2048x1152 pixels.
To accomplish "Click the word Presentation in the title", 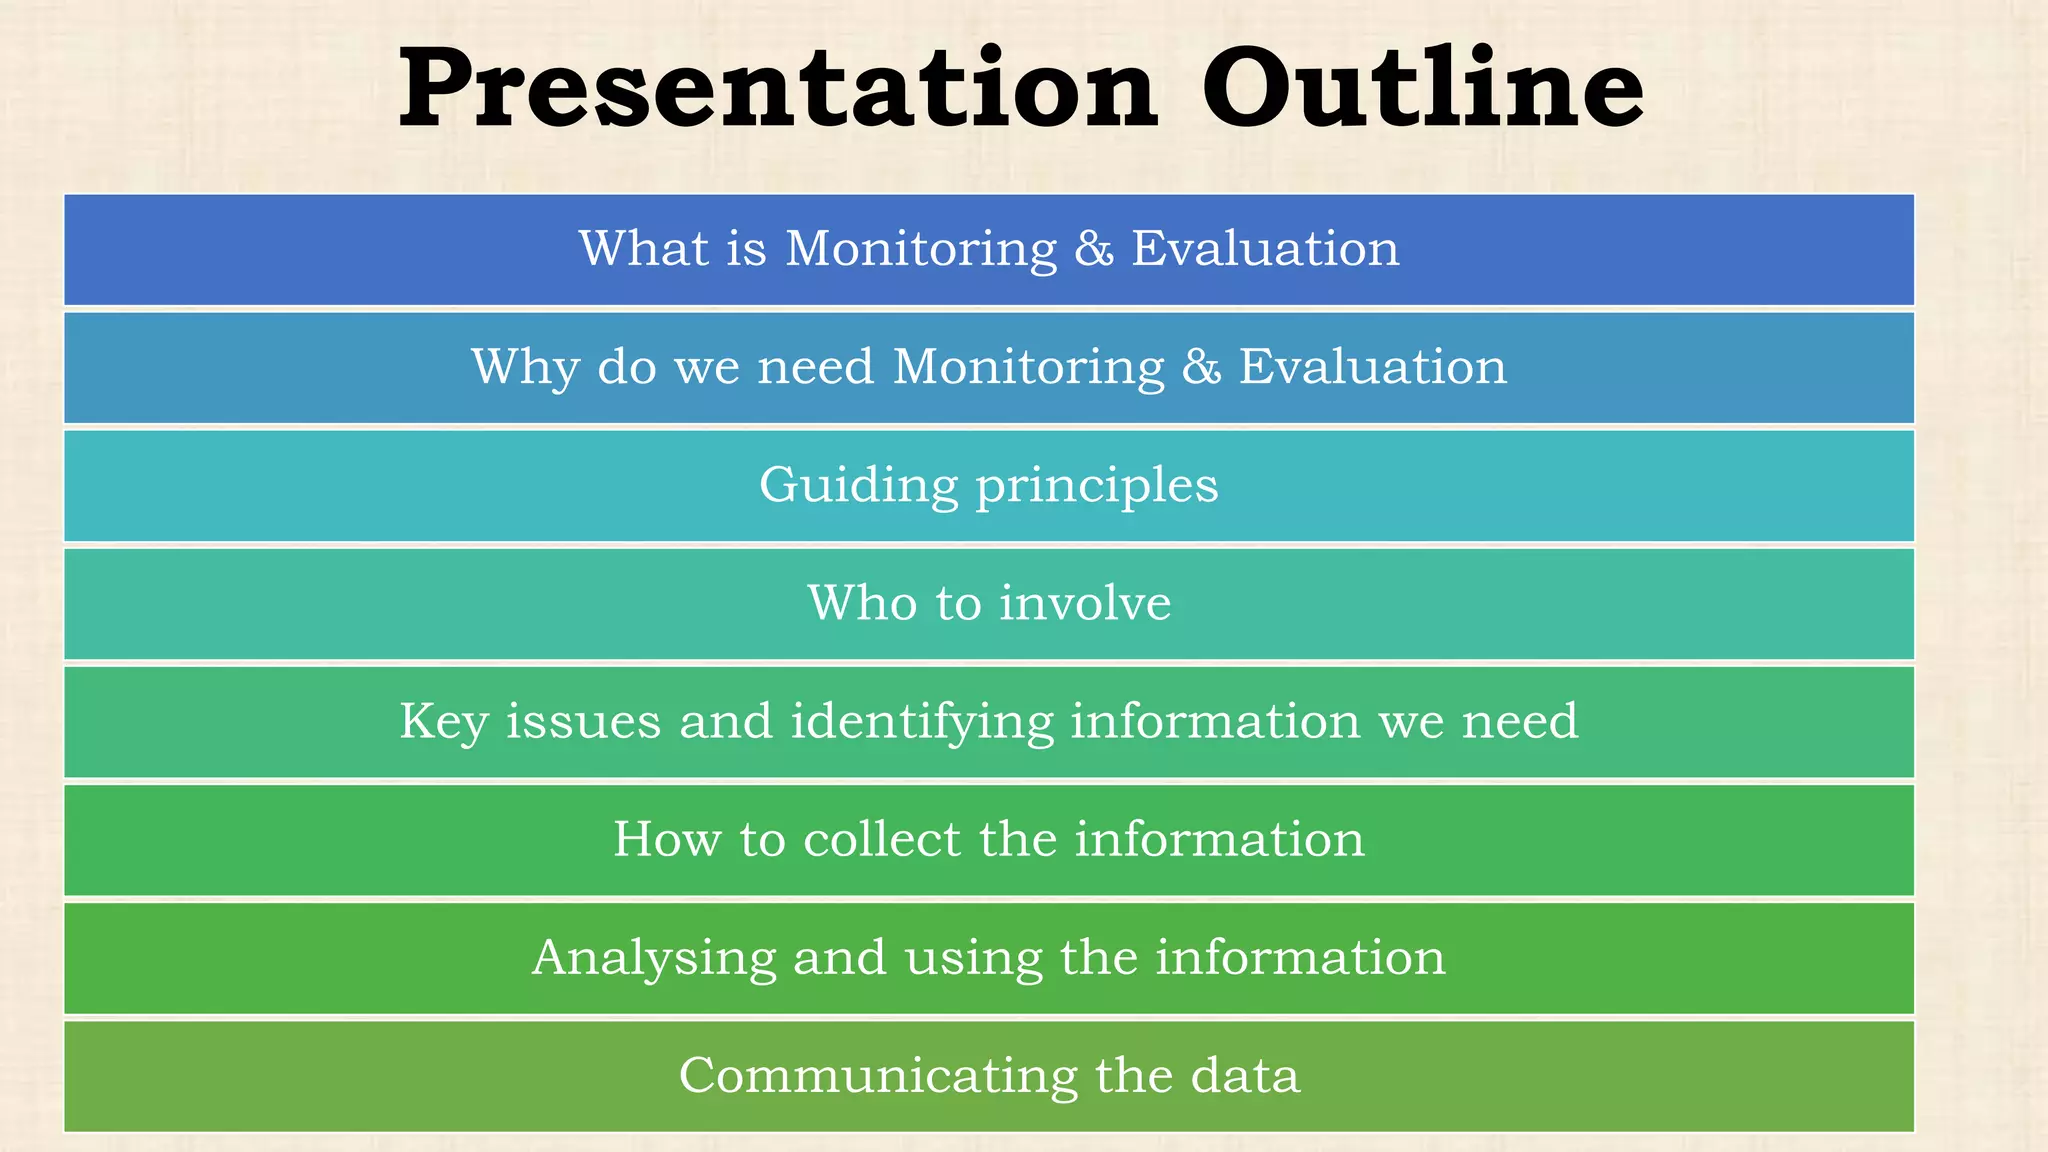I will coord(778,90).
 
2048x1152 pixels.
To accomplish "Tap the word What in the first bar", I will coord(644,248).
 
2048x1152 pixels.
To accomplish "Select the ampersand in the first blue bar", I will coord(1094,249).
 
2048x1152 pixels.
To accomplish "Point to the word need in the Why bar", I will coord(815,367).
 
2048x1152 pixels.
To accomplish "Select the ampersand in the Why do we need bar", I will coord(1201,367).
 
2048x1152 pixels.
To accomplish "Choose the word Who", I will coord(862,603).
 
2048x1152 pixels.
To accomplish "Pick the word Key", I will coord(443,722).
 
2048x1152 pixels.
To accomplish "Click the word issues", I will coord(583,722).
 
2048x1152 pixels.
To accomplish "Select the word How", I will coord(666,839).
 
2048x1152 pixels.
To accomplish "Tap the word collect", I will coord(881,839).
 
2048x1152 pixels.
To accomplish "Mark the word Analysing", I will coord(653,959).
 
